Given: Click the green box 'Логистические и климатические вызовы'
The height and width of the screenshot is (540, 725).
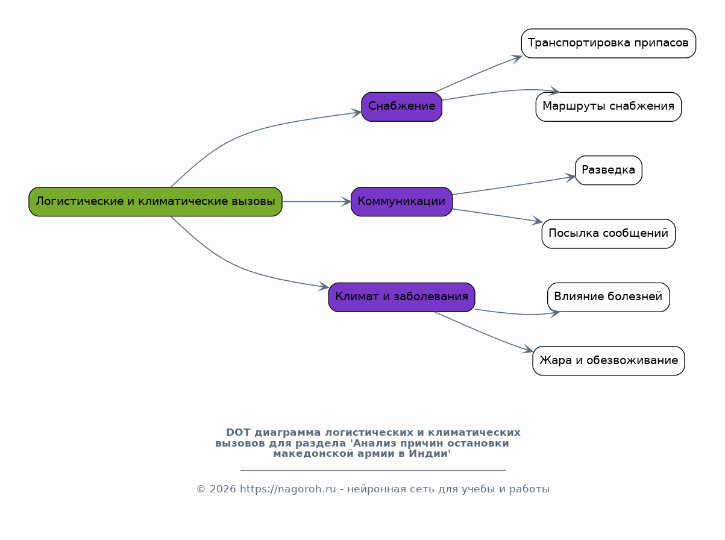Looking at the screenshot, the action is click(x=155, y=202).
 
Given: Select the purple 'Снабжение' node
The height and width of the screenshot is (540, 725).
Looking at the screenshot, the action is click(x=402, y=107).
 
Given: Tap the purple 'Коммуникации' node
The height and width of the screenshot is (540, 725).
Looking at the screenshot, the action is click(x=402, y=202).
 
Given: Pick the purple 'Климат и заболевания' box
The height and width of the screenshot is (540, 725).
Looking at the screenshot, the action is click(x=402, y=297).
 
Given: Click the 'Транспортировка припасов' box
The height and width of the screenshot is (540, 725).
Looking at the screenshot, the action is click(x=609, y=43).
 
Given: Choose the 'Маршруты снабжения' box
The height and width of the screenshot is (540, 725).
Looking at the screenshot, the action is click(x=609, y=107).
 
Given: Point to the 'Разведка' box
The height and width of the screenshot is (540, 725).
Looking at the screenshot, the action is click(x=609, y=171).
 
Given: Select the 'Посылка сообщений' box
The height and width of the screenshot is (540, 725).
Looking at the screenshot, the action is click(x=609, y=234).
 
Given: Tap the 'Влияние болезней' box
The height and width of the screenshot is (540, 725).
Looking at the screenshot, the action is click(x=609, y=297).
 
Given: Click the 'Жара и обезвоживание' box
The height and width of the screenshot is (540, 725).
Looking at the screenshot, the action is click(x=609, y=360).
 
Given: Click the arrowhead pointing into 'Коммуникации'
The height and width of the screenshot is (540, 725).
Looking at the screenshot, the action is click(x=347, y=202).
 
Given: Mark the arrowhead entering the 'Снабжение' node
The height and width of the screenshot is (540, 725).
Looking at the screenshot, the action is click(x=357, y=113).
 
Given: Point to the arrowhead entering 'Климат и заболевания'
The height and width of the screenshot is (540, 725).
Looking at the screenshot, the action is click(x=324, y=286).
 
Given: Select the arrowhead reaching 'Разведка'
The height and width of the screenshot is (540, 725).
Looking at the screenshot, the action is click(x=571, y=178).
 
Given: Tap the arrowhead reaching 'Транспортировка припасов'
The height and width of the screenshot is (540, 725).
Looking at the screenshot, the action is click(x=517, y=58).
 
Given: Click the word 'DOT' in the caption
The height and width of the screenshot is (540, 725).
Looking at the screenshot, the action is click(x=238, y=433).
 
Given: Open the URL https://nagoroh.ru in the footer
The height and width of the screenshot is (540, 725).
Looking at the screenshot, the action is click(x=288, y=489).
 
